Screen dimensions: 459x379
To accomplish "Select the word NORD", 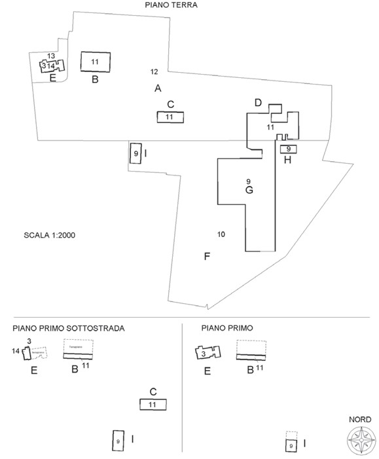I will [x=360, y=420].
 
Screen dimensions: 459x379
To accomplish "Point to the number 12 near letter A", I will [x=154, y=71].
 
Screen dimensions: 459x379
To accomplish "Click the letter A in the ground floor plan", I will [x=158, y=88].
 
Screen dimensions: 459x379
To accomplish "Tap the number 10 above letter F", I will [x=221, y=234].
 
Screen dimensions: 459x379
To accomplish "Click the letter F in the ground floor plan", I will [x=207, y=256].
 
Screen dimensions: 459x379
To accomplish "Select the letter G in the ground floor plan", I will [x=249, y=191].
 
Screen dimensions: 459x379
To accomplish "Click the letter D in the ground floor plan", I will [x=258, y=103].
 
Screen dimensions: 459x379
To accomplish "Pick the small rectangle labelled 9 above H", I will [x=289, y=149].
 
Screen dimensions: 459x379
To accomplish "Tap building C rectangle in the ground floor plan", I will [x=170, y=117].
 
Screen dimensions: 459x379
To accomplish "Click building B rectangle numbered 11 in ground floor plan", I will [x=95, y=62].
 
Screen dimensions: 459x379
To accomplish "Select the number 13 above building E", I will [x=50, y=56].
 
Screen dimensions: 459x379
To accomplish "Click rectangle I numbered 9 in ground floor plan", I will [x=135, y=153].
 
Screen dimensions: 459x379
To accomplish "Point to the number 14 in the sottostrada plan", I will [x=16, y=352].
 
